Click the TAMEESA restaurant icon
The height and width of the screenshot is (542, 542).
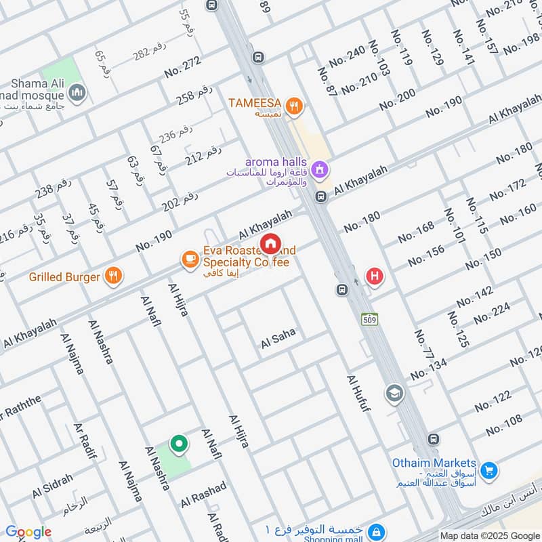tap(294, 105)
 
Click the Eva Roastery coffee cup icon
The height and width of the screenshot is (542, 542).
tap(189, 259)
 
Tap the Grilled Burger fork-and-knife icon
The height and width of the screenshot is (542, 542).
tap(113, 276)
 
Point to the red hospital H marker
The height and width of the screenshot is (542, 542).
tap(373, 276)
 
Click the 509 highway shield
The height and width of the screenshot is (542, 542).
tap(369, 318)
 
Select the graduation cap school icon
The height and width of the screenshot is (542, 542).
tap(394, 393)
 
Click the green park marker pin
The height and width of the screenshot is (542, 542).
tap(179, 444)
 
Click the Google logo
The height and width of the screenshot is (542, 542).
tap(28, 532)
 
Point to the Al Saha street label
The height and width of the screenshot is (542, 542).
tap(279, 342)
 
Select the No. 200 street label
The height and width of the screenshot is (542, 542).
tap(397, 101)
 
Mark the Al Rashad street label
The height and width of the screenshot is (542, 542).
tap(203, 496)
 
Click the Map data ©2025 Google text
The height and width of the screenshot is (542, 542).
tap(489, 535)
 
